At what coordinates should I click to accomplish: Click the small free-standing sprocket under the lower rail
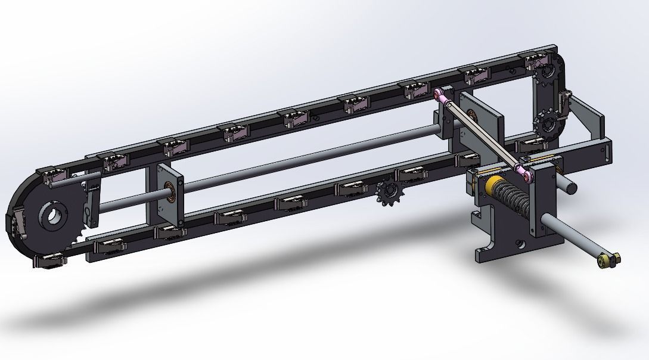coord(388,194)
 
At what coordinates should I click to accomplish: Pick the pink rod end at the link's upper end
coord(443,95)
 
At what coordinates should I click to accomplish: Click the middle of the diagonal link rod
coord(483,134)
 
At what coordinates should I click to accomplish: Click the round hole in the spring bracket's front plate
coord(521,244)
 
